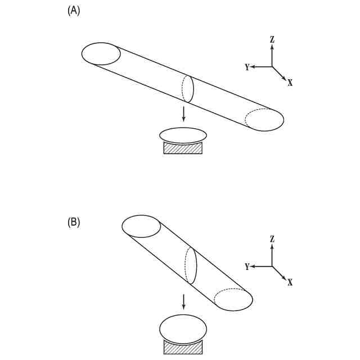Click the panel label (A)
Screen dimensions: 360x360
[74, 11]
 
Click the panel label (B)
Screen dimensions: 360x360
[74, 222]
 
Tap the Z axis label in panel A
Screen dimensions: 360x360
[272, 39]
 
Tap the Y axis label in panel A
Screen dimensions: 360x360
[247, 67]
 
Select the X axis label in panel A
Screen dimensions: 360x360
[290, 83]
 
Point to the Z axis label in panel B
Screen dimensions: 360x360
[272, 239]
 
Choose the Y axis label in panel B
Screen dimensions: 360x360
[247, 267]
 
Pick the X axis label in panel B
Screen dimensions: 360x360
[290, 282]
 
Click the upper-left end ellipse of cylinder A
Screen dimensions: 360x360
[101, 54]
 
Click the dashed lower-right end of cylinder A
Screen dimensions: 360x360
[264, 119]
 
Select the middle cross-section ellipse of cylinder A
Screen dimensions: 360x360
[188, 89]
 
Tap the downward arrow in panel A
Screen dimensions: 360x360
[183, 114]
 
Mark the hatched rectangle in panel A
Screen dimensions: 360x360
[183, 148]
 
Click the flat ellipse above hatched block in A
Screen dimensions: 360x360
[183, 136]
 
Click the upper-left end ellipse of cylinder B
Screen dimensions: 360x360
[141, 226]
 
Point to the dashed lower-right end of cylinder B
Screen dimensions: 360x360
[233, 299]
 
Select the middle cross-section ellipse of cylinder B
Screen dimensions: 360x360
[191, 265]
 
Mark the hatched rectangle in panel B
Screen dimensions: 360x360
[183, 348]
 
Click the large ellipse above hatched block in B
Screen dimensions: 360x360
[183, 328]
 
